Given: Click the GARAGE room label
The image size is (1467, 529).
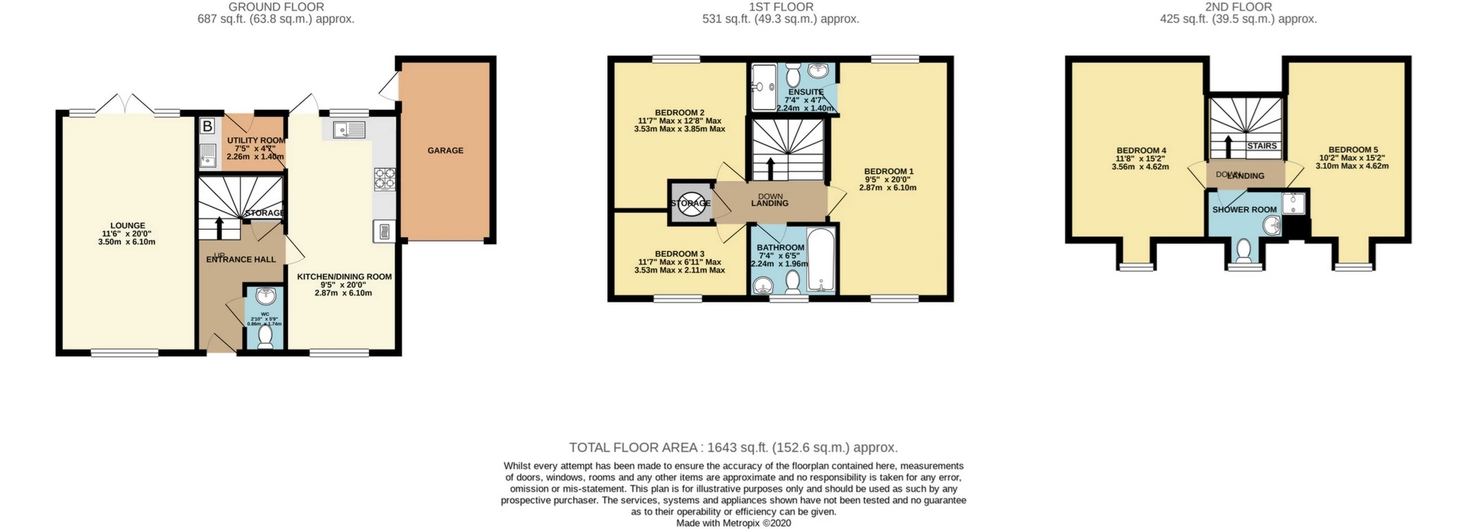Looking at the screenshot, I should click(445, 150).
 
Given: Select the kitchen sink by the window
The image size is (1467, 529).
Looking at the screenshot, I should click(349, 130).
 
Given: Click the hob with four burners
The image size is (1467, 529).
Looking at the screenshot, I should click(384, 179).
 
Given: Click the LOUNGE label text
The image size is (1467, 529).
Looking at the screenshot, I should click(128, 225).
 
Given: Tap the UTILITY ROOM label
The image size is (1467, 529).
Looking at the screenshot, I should click(256, 140).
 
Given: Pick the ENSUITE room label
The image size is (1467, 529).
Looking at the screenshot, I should click(805, 92).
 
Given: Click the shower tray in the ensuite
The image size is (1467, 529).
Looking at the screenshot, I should click(763, 89).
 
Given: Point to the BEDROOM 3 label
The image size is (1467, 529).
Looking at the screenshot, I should click(679, 253).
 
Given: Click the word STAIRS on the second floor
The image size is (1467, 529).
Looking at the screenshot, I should click(1261, 146).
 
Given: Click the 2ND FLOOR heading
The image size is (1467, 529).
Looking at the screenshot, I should click(1238, 7).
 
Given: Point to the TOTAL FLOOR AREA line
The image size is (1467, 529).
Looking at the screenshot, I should click(733, 447).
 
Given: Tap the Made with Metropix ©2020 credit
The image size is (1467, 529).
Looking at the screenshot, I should click(733, 523).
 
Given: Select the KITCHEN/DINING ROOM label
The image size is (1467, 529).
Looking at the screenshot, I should click(344, 276).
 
